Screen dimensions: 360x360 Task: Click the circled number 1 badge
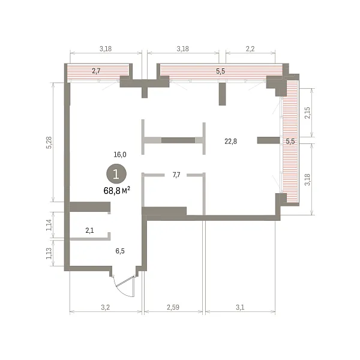point(116,174)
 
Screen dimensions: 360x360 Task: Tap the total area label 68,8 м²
point(117,190)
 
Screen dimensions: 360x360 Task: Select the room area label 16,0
point(120,155)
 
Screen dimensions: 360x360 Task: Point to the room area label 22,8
point(230,141)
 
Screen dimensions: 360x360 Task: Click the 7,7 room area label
point(176,175)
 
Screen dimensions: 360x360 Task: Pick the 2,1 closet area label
point(89,230)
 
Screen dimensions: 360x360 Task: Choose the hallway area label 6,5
point(120,251)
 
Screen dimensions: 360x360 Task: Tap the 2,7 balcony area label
point(96,71)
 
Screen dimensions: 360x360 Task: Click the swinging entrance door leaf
point(125,281)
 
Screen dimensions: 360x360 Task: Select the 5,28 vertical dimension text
point(49,143)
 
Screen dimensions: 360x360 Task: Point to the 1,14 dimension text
point(49,225)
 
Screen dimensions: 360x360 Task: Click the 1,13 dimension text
point(49,253)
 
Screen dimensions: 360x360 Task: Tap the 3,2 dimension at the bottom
point(106,307)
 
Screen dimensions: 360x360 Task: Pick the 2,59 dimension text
point(173,307)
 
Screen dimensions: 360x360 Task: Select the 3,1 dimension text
point(240,307)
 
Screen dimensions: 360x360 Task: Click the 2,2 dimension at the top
point(250,49)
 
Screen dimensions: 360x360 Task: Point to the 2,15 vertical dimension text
point(307,113)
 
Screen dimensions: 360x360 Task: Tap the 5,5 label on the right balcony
point(290,141)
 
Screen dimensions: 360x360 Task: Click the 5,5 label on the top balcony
point(220,71)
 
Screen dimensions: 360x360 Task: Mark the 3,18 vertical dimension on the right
point(307,179)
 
